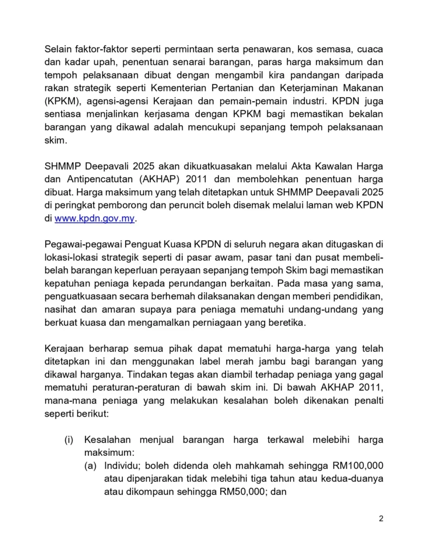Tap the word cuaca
coord(370,49)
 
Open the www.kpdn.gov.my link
coord(94,219)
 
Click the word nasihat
coord(60,311)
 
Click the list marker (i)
coord(69,441)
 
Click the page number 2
coord(381,518)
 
